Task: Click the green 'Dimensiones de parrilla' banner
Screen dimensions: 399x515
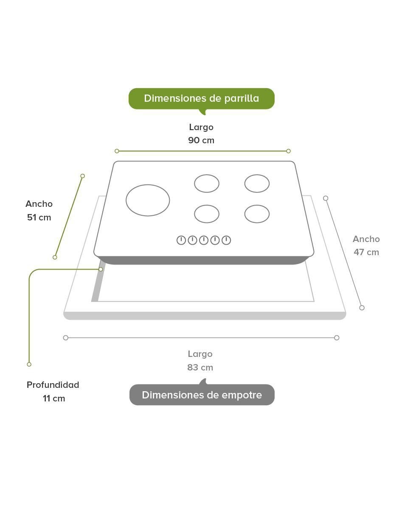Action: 201,99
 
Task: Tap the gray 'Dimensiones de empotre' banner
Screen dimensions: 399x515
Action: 202,395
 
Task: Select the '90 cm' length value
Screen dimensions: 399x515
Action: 201,140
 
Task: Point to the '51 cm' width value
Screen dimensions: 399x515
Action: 39,217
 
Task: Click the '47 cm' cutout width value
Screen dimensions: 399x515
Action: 366,252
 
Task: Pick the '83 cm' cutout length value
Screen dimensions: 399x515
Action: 200,367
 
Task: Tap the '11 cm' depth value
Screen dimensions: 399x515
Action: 54,398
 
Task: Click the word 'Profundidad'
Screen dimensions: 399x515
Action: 53,385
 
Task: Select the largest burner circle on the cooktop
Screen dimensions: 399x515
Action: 148,200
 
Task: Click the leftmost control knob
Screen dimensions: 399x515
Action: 181,240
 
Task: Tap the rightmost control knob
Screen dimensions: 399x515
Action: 226,240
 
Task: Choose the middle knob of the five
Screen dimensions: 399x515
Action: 204,240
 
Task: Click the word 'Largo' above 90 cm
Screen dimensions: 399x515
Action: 201,127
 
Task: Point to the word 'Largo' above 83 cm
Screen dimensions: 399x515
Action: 200,354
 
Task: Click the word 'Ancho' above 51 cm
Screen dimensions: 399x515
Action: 39,204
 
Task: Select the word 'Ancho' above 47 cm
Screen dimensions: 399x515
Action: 366,239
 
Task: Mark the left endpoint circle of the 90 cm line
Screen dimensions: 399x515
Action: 117,151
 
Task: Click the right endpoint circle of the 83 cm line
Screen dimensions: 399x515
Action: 337,338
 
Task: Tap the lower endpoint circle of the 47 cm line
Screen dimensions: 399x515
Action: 362,308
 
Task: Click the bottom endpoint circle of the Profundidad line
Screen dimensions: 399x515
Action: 29,364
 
